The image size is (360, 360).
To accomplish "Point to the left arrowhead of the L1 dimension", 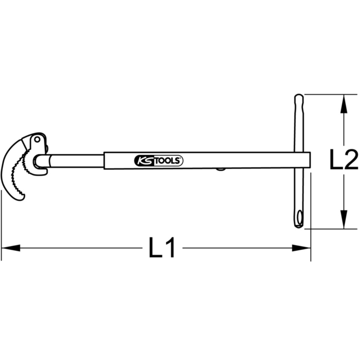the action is tap(10, 248).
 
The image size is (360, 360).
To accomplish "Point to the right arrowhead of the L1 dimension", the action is tap(301, 248).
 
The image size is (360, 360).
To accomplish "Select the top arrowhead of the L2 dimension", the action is tap(344, 104).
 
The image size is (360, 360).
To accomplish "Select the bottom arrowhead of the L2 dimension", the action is tap(344, 219).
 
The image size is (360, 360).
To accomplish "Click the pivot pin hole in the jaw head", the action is tap(37, 139).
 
